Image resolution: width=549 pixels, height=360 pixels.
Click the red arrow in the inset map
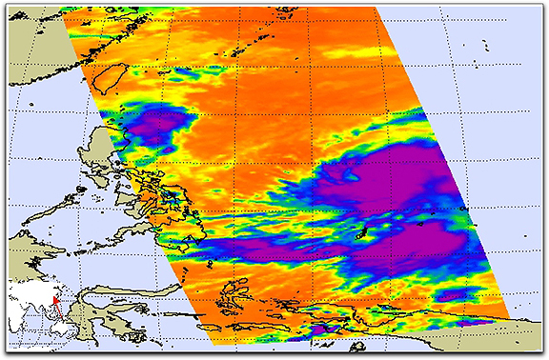[x=55, y=302]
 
